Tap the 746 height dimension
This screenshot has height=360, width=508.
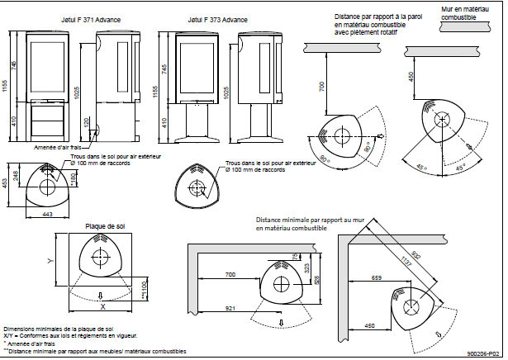pyautogui.click(x=16, y=64)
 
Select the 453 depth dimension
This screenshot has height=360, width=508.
pyautogui.click(x=7, y=183)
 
